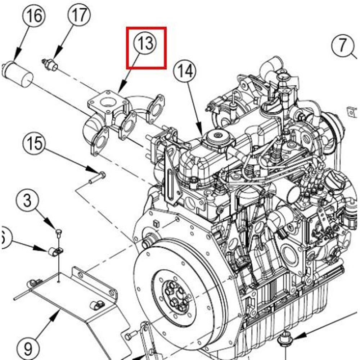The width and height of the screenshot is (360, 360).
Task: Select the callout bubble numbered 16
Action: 35,17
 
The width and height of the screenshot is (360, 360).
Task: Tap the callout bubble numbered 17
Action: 79,15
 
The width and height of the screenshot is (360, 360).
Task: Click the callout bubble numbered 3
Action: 28,201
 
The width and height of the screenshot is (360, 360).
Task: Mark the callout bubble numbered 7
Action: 342,45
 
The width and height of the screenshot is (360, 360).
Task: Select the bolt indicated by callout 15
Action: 96,177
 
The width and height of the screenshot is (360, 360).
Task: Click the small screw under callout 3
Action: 58,232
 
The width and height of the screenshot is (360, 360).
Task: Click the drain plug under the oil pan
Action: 285,339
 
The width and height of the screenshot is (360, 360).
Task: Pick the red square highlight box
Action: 146,48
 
